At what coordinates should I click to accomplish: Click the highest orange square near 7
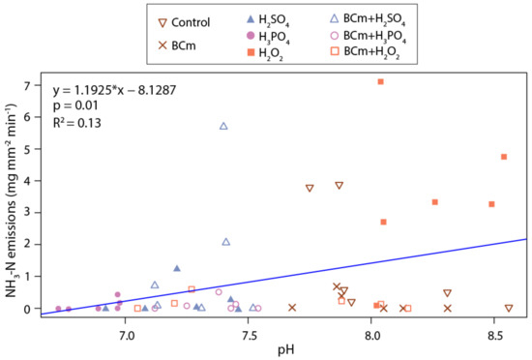[x=381, y=82]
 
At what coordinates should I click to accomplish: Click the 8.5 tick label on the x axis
[x=495, y=333]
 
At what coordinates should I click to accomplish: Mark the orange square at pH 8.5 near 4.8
[x=504, y=157]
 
